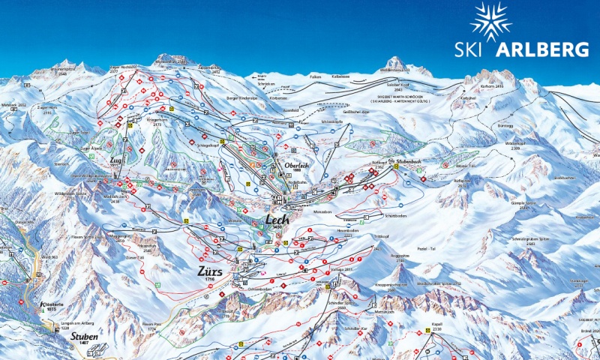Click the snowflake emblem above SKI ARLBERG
point(490,22)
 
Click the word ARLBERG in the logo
point(541,50)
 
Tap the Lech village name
point(275,220)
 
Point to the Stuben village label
point(84,337)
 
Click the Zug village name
point(115,160)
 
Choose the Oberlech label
point(297,166)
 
